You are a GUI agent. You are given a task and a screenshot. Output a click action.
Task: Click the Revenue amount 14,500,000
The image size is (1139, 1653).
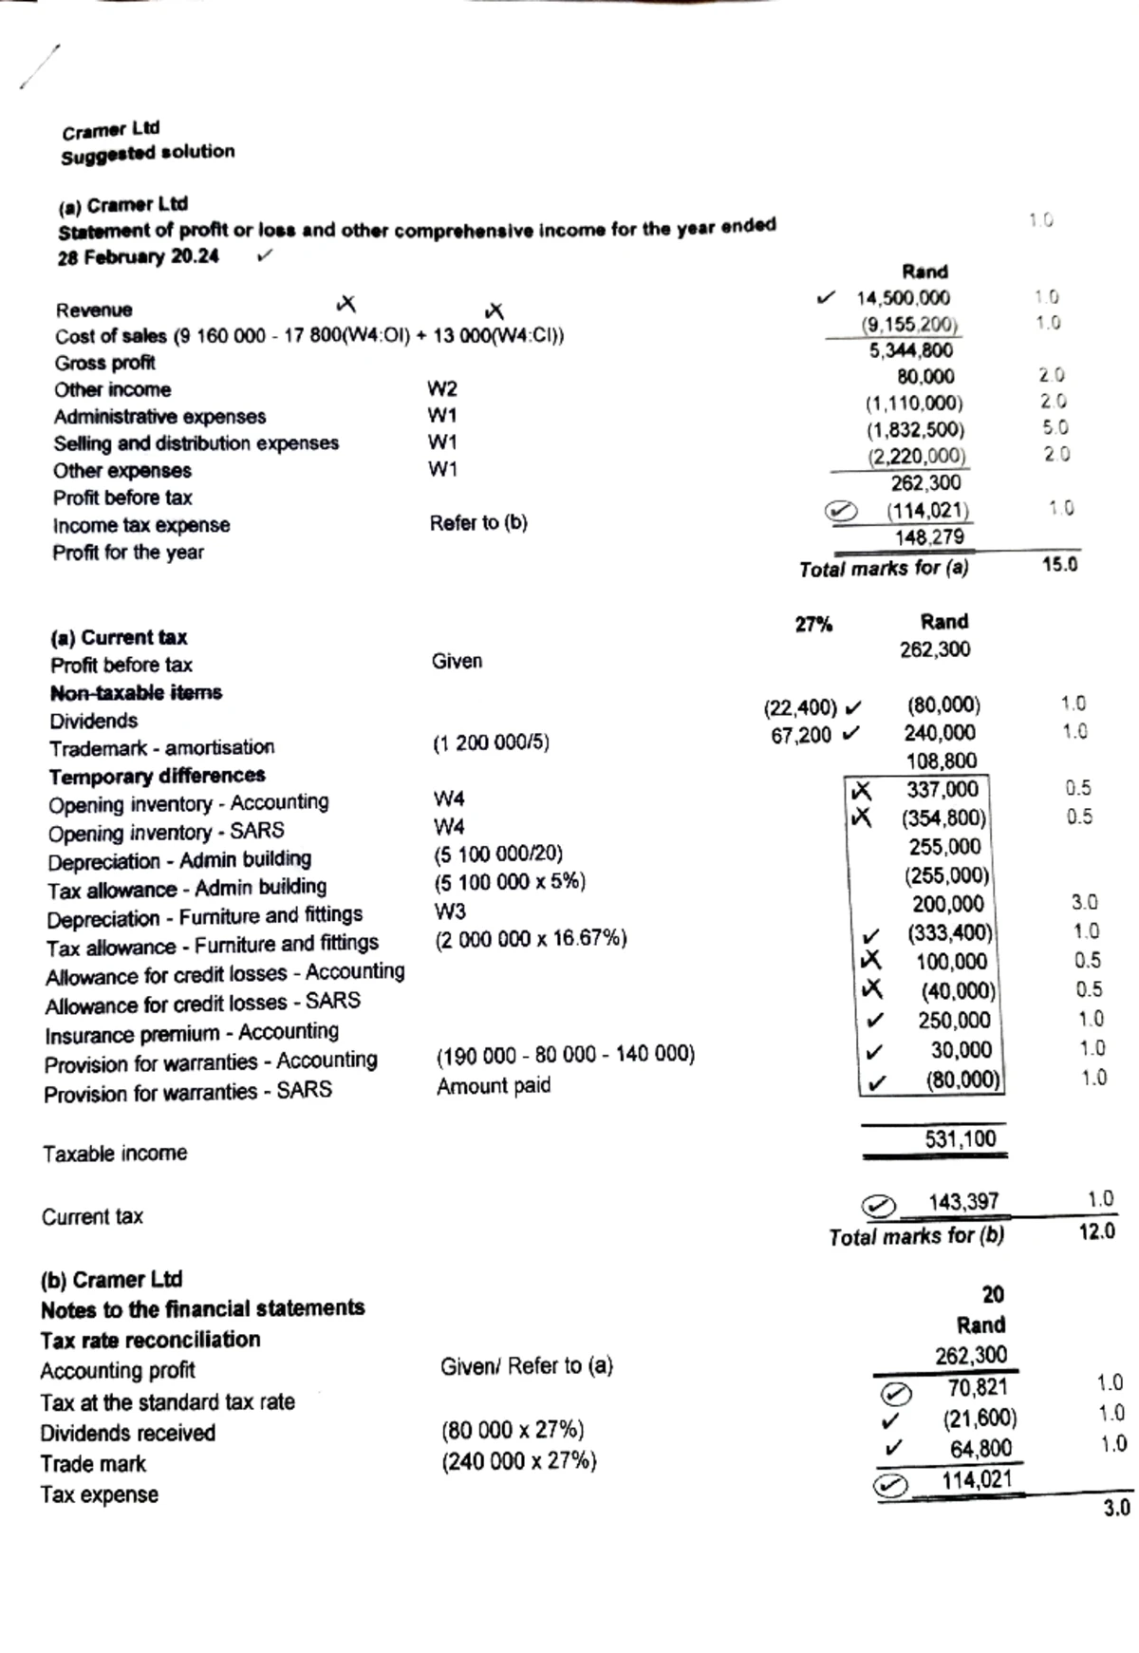coord(903,298)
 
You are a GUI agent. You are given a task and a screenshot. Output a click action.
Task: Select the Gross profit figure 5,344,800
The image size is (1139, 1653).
coord(910,350)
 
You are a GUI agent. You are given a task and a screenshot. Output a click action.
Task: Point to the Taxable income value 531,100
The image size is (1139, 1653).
coord(960,1138)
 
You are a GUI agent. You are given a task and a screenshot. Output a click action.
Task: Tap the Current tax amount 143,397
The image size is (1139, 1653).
coord(962,1202)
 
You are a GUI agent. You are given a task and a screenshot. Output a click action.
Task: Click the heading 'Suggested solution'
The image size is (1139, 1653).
coord(147,153)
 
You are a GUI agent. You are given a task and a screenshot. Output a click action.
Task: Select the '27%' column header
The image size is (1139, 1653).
coord(813,625)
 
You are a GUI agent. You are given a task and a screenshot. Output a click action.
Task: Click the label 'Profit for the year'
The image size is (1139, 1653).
coord(128,553)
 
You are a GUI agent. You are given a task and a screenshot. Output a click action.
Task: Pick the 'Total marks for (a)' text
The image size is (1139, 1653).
coord(884,569)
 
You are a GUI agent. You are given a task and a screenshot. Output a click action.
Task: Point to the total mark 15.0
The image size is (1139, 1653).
coord(1059,565)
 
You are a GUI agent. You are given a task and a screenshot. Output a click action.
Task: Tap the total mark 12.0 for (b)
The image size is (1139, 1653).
coord(1096,1231)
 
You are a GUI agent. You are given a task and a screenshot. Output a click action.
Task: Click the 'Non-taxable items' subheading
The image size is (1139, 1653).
coord(136,693)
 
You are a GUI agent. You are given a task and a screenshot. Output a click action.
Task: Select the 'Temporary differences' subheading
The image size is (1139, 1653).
coord(157,777)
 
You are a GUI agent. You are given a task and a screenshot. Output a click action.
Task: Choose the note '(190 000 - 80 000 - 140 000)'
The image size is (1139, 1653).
coord(565,1055)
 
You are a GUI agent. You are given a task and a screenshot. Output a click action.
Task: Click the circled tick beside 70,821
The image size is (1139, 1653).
coord(895,1393)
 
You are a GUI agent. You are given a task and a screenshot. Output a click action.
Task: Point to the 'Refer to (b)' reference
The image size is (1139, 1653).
coord(477,523)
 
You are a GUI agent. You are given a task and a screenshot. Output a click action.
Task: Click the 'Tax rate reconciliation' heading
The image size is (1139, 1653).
coord(150,1340)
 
